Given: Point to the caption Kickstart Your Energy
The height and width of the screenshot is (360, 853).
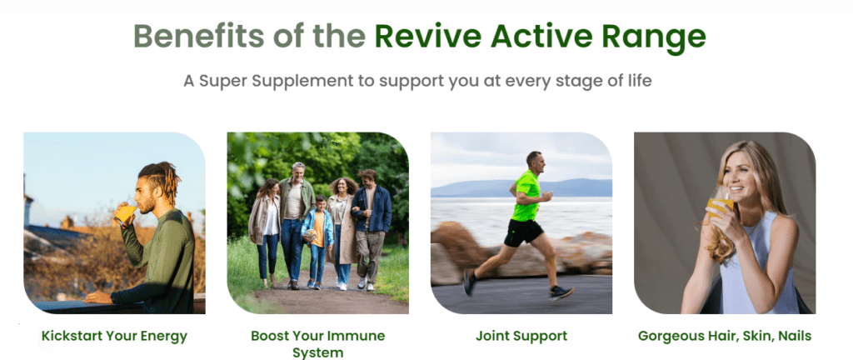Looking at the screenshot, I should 114,337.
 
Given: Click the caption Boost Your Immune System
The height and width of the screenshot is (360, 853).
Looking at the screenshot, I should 317,344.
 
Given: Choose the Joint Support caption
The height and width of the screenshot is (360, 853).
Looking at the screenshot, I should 521,337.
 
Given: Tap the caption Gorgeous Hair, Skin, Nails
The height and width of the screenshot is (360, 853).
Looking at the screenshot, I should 725,337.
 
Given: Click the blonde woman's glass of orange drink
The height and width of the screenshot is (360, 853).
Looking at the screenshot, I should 718,206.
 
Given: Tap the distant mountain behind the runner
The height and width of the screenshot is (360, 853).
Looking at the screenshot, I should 575,187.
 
